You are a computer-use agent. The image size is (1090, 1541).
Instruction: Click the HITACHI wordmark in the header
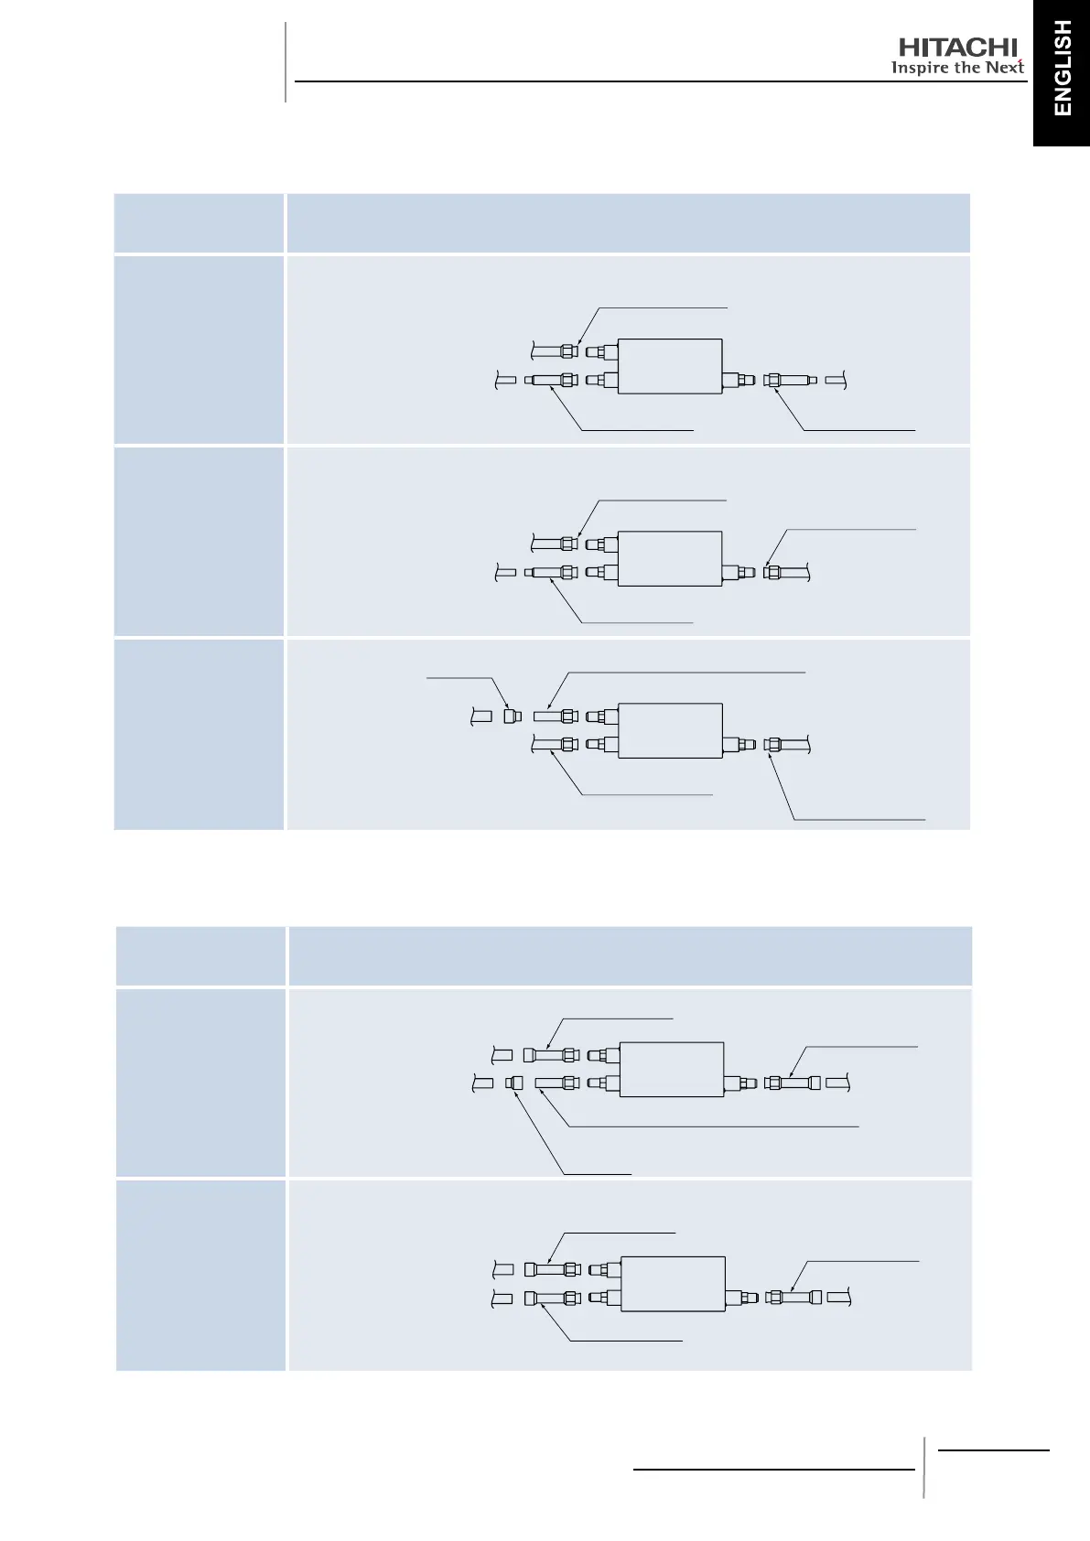click(x=957, y=48)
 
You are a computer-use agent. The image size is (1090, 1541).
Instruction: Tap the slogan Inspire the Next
click(x=956, y=69)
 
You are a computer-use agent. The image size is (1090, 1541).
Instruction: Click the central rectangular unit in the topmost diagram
click(x=670, y=366)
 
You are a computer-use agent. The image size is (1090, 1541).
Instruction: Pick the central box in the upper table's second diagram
click(x=670, y=558)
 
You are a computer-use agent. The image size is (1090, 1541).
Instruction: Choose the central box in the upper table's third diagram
click(x=670, y=730)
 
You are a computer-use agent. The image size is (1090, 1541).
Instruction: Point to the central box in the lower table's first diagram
click(x=672, y=1069)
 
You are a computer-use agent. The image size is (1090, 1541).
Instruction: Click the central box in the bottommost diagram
click(x=673, y=1284)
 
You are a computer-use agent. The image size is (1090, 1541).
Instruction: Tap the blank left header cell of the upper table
click(x=199, y=222)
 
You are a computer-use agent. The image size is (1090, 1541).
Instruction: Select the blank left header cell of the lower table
click(x=200, y=956)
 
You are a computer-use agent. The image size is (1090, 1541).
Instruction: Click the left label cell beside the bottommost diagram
click(x=200, y=1275)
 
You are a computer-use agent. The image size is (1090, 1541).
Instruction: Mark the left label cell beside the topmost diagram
click(x=199, y=350)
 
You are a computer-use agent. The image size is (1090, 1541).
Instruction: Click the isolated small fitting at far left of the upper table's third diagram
click(x=513, y=717)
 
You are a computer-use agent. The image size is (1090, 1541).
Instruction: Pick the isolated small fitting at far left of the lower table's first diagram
click(x=515, y=1083)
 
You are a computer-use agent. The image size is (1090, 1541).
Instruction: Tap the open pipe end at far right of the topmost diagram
click(x=836, y=380)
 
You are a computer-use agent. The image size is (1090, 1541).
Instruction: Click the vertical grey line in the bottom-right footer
click(x=923, y=1467)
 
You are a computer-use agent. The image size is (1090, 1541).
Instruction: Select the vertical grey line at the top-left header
click(x=286, y=62)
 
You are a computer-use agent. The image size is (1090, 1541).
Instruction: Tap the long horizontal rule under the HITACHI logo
click(x=659, y=81)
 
